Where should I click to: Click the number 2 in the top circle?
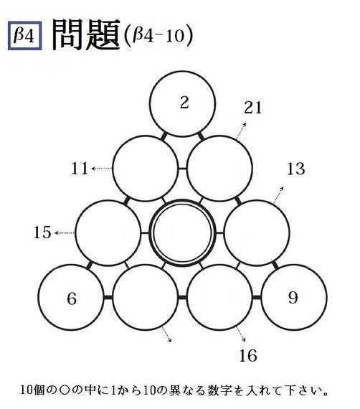click(x=184, y=102)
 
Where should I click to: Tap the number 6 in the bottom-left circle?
click(x=72, y=298)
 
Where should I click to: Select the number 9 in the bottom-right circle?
click(x=293, y=297)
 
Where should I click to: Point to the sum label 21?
click(x=252, y=108)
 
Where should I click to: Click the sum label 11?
click(x=80, y=168)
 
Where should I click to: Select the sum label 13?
click(x=296, y=169)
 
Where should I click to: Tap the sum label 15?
click(x=42, y=232)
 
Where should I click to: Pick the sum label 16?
click(x=248, y=355)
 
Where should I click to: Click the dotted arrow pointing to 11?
click(x=102, y=169)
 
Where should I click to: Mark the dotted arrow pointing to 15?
click(x=65, y=232)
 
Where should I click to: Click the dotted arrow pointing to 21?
click(x=241, y=131)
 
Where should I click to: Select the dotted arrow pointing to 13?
click(x=278, y=195)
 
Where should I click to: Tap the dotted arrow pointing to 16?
click(x=240, y=334)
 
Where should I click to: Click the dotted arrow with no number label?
click(x=166, y=334)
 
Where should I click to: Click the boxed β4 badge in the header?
click(x=25, y=36)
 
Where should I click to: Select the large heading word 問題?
click(x=86, y=35)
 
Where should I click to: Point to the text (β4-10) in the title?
click(x=158, y=36)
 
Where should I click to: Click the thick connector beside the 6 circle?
click(x=108, y=298)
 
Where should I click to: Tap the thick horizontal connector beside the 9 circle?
click(x=257, y=297)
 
